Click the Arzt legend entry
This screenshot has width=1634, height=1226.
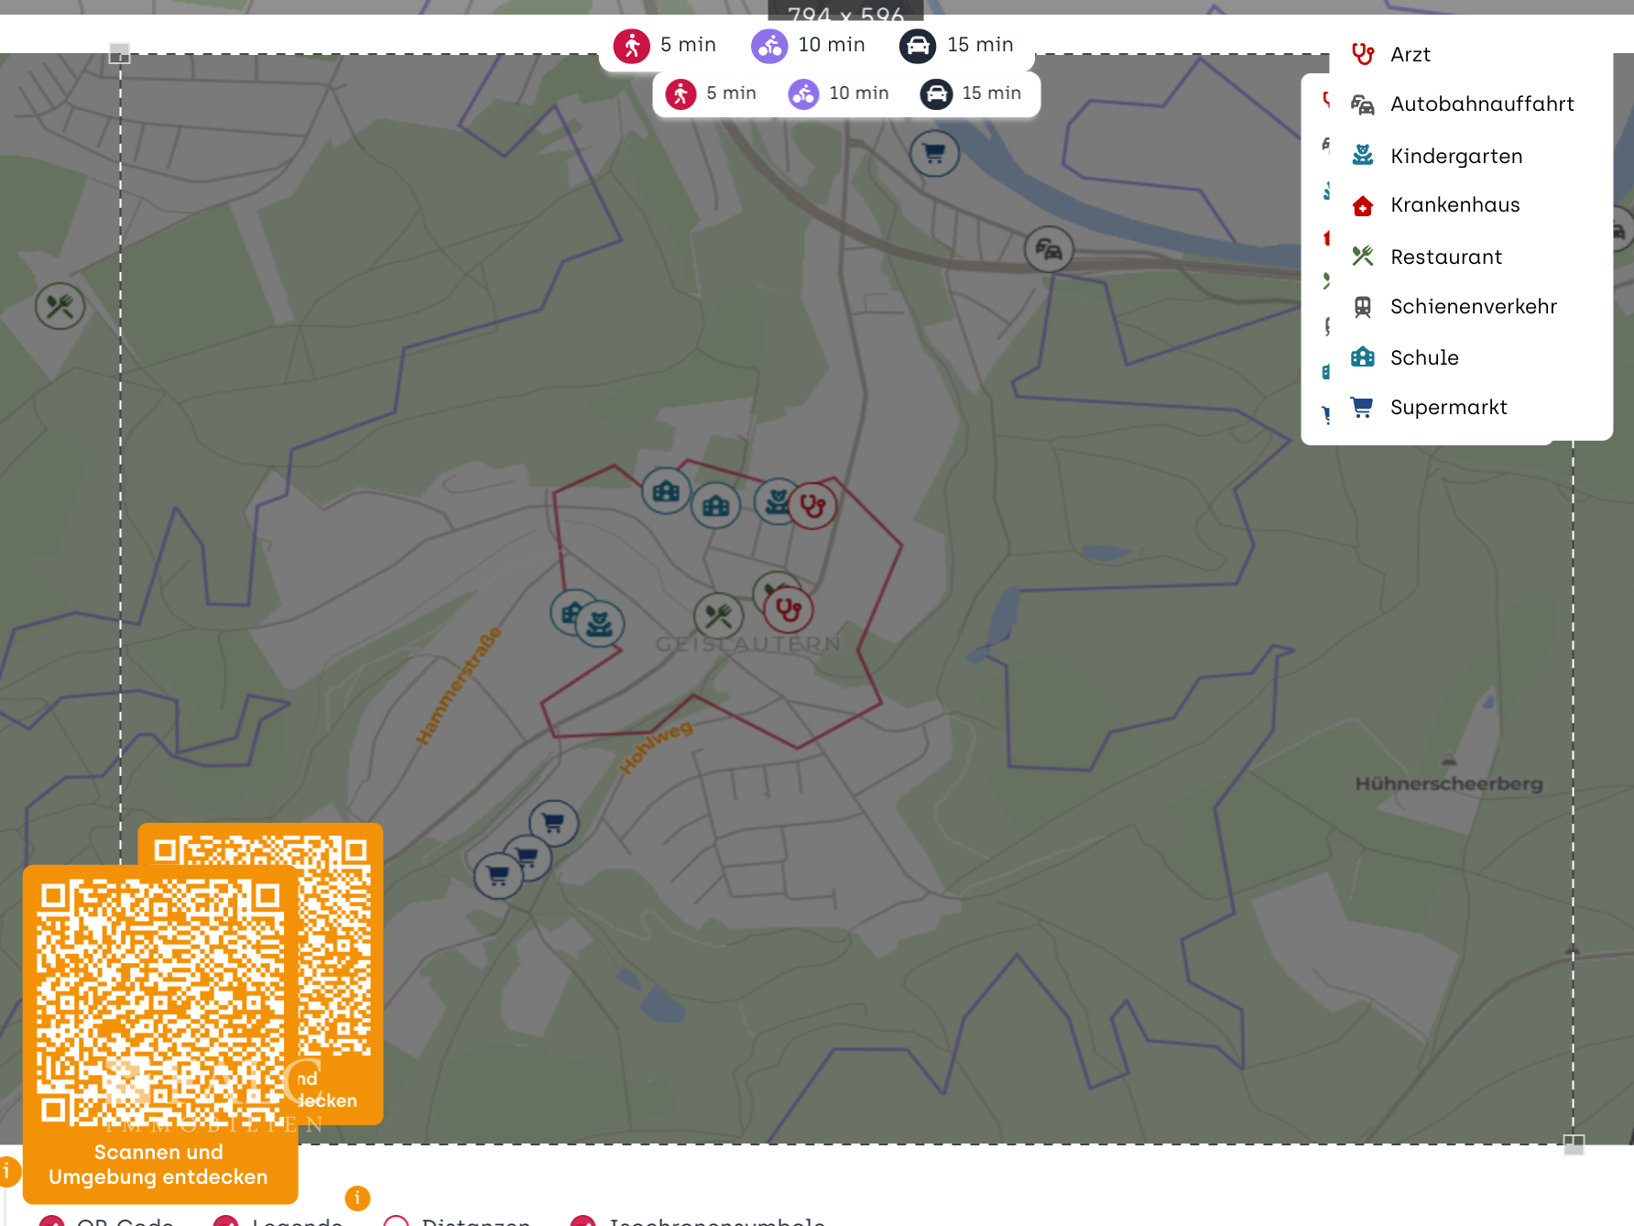coord(1410,55)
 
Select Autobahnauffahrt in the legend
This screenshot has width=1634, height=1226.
coord(1481,104)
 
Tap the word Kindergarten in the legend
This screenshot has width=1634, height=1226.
coord(1455,157)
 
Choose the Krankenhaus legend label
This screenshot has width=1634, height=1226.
coord(1454,205)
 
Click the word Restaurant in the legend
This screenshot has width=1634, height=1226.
coord(1445,257)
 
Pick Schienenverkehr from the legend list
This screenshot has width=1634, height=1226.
coord(1473,307)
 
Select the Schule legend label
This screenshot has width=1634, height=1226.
coord(1423,358)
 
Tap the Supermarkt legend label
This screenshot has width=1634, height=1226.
coord(1448,408)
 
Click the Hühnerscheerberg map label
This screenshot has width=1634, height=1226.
coord(1448,784)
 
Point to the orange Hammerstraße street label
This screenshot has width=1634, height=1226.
coord(459,684)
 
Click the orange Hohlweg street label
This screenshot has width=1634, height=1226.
coord(656,747)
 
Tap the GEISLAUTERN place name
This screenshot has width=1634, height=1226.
coord(747,644)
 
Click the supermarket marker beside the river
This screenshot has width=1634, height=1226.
coord(934,153)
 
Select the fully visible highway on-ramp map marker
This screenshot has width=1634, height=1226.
coord(1049,249)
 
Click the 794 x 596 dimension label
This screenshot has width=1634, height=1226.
coord(845,15)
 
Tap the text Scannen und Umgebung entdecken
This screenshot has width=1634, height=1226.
coord(158,1165)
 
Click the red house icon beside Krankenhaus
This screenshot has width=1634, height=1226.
coord(1363,206)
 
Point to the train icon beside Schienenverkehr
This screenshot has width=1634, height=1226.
coord(1363,307)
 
